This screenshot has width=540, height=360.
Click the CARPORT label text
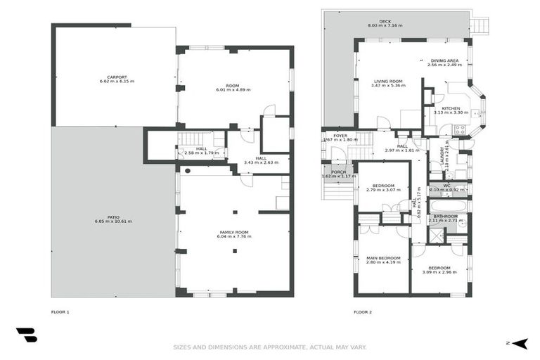click(117, 76)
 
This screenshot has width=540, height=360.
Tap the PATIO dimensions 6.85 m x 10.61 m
click(113, 221)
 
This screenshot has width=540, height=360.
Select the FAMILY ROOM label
click(233, 232)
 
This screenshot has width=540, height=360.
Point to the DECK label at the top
click(385, 21)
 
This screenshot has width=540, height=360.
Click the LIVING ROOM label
click(387, 81)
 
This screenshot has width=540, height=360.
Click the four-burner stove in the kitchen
click(460, 129)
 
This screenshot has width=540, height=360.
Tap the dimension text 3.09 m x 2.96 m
click(439, 272)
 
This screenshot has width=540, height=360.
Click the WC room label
click(446, 186)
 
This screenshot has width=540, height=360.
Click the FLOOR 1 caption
click(60, 311)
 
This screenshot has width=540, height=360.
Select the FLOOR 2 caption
click(362, 311)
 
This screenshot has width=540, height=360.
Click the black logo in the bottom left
click(26, 335)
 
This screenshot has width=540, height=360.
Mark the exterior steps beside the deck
click(480, 26)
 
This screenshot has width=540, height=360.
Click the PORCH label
click(339, 172)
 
